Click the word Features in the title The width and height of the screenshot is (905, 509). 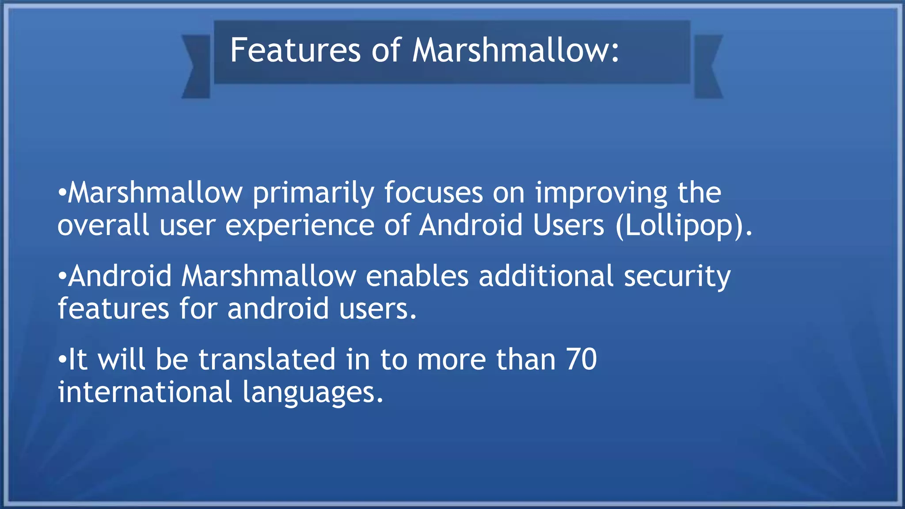pos(295,50)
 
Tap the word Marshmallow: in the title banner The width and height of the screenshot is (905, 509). pos(516,50)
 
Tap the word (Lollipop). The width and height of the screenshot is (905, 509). pos(683,226)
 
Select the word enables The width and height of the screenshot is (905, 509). pos(417,276)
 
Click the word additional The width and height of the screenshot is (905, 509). pos(546,276)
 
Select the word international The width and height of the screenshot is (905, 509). pos(145,392)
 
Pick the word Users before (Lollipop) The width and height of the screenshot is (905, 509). pos(568,225)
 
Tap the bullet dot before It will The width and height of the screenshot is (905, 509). pos(62,361)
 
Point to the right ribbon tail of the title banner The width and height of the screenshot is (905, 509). pos(708,66)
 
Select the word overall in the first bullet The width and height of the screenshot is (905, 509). pos(103,225)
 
